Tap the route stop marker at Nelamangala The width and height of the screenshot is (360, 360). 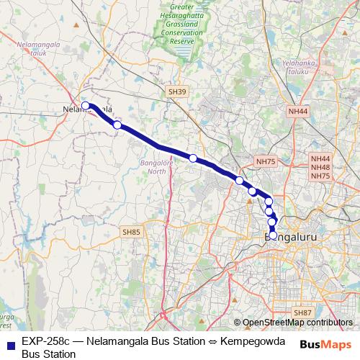[x=86, y=106]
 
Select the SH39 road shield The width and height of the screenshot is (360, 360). [x=176, y=92]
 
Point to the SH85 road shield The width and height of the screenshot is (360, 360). [x=131, y=232]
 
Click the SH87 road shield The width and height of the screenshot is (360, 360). [x=302, y=312]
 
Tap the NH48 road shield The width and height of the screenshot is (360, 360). [x=320, y=167]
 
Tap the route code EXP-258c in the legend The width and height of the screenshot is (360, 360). [x=47, y=340]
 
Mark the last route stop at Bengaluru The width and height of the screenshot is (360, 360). [x=273, y=235]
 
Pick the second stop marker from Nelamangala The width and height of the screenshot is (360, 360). [x=117, y=125]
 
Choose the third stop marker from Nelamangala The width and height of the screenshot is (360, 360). [x=193, y=158]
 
